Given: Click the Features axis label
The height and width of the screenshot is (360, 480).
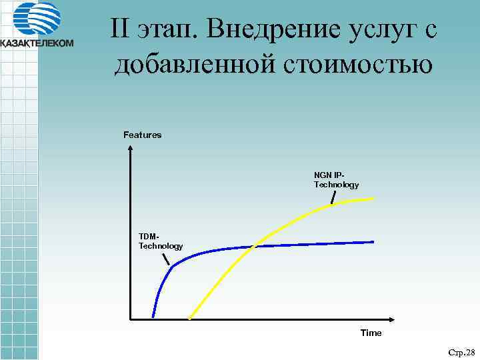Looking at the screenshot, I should (142, 135).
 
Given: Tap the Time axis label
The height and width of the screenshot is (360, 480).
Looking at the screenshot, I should (371, 333).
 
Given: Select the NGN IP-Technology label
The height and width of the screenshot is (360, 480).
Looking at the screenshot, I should (336, 180).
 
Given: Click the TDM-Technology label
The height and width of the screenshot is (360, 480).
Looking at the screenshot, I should (160, 241).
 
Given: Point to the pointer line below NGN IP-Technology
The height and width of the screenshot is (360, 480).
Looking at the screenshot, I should (333, 197).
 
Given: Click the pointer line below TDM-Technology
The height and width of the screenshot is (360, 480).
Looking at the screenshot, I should (166, 257).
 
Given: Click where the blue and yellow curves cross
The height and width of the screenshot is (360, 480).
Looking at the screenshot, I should (254, 247).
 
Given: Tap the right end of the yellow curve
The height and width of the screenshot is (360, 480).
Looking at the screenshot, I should (374, 198).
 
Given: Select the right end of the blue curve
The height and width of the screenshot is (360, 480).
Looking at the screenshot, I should (373, 241).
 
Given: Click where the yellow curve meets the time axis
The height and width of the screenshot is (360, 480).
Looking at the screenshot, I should (190, 319).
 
